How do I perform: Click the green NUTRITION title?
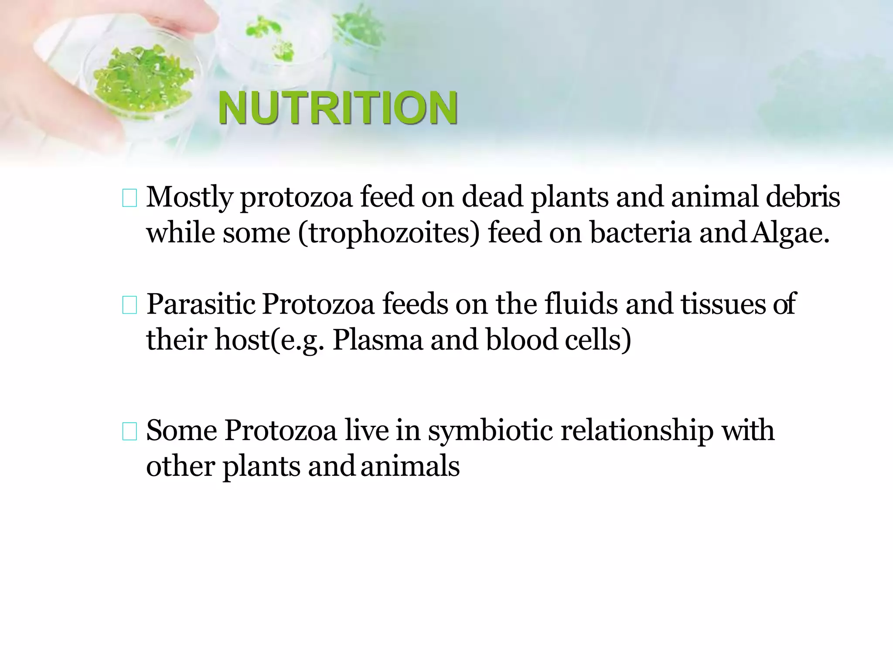pos(338,108)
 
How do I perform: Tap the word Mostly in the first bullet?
pos(189,198)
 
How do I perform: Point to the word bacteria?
pos(640,232)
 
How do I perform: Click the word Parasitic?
pos(201,304)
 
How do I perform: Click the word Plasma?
pos(378,340)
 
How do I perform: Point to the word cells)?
pos(598,340)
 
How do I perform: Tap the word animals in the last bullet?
pos(410,466)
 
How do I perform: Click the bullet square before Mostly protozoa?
pos(130,198)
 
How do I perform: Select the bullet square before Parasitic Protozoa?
pos(130,305)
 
